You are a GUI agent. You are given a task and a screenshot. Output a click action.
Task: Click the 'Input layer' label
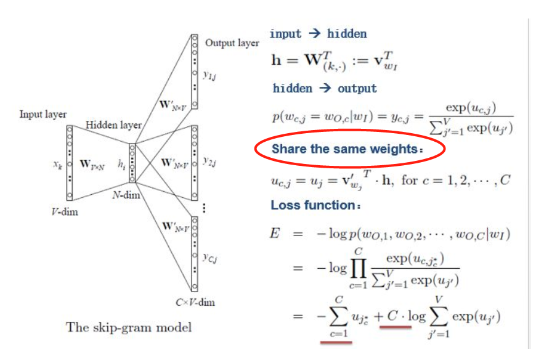[x=43, y=115]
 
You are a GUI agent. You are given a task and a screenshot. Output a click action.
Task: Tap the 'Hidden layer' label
[x=113, y=125]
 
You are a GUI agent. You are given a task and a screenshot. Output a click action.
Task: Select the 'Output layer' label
[x=232, y=43]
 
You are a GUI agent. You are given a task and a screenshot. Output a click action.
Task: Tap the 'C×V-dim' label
[x=196, y=302]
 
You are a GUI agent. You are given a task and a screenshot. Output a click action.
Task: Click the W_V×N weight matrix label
[x=93, y=165]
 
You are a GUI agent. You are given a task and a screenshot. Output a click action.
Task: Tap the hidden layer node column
[x=132, y=163]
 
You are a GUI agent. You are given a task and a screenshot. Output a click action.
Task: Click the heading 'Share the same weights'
[x=349, y=149]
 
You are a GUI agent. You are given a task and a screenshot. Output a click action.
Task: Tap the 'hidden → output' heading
[x=325, y=88]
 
